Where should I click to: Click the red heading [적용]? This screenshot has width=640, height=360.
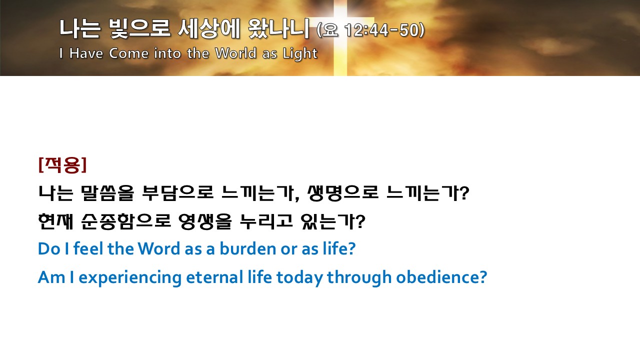(x=62, y=165)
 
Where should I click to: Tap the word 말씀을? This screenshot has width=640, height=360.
(x=107, y=193)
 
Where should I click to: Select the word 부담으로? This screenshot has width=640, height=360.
(x=177, y=193)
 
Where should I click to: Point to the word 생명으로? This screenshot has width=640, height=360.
(x=343, y=193)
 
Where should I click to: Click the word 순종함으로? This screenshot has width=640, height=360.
(x=126, y=221)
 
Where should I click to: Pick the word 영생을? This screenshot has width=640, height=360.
(x=205, y=221)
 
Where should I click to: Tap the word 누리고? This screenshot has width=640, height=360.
(x=266, y=221)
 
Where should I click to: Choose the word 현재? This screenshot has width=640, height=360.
(x=55, y=221)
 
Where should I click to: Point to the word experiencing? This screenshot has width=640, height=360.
(x=130, y=277)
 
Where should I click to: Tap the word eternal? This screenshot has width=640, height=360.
(x=214, y=277)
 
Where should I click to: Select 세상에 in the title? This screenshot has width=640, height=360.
(x=208, y=28)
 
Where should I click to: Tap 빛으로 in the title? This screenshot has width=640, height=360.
(x=140, y=28)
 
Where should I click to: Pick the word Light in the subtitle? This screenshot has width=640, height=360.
(x=300, y=53)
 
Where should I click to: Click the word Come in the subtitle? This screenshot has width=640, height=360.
(x=129, y=53)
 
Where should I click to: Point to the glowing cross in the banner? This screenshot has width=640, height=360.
(x=340, y=37)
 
